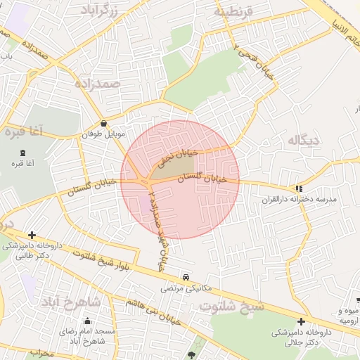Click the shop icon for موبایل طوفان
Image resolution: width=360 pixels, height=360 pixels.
(104, 123)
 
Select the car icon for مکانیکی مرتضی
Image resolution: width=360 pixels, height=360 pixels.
(186, 277)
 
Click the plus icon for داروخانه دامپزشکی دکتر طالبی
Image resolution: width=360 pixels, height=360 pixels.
(32, 235)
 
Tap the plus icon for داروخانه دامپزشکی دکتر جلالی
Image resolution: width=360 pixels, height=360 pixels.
(301, 321)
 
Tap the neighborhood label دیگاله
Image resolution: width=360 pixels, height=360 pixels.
(303, 141)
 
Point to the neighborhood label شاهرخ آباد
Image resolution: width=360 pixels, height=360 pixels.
(71, 302)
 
